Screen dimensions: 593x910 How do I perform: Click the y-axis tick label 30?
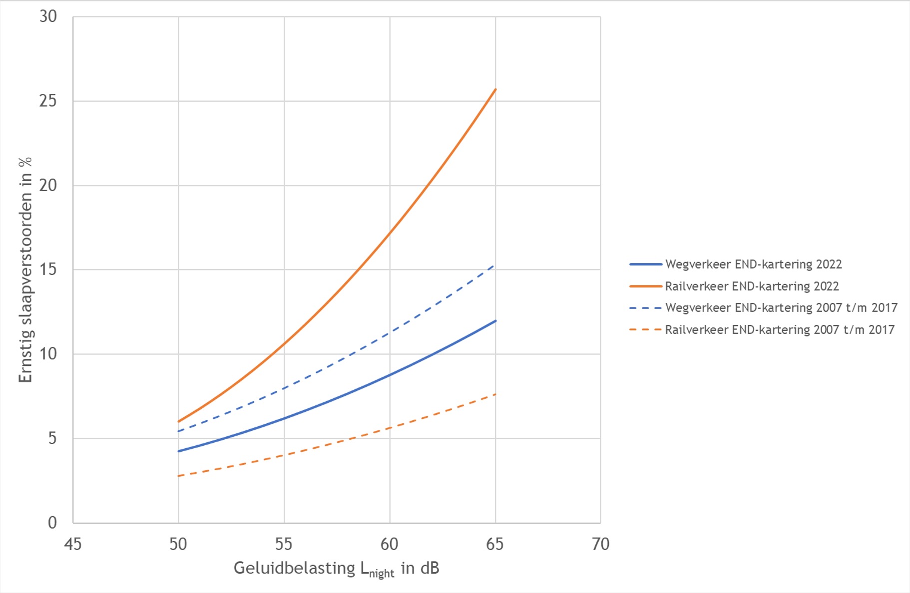(48, 16)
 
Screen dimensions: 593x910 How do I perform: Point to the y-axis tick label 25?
(48, 101)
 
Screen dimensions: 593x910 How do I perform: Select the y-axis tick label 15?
(48, 270)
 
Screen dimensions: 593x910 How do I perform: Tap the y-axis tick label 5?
(52, 438)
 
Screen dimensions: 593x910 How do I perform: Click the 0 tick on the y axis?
(52, 523)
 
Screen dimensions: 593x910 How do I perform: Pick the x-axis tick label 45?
(73, 544)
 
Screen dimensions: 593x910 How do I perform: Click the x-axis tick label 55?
(284, 544)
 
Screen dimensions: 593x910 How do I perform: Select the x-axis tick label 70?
(600, 544)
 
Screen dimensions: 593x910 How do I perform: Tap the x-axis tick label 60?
(390, 544)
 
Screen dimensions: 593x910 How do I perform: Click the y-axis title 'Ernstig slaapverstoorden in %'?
(25, 270)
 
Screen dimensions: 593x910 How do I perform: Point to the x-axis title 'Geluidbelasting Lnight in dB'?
(336, 569)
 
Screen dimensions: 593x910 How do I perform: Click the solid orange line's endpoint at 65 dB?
(495, 89)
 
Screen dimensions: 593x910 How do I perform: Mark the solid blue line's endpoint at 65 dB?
(495, 321)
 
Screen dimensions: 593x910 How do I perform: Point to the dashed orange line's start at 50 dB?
(179, 476)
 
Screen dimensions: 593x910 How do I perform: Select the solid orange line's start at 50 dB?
(179, 422)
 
